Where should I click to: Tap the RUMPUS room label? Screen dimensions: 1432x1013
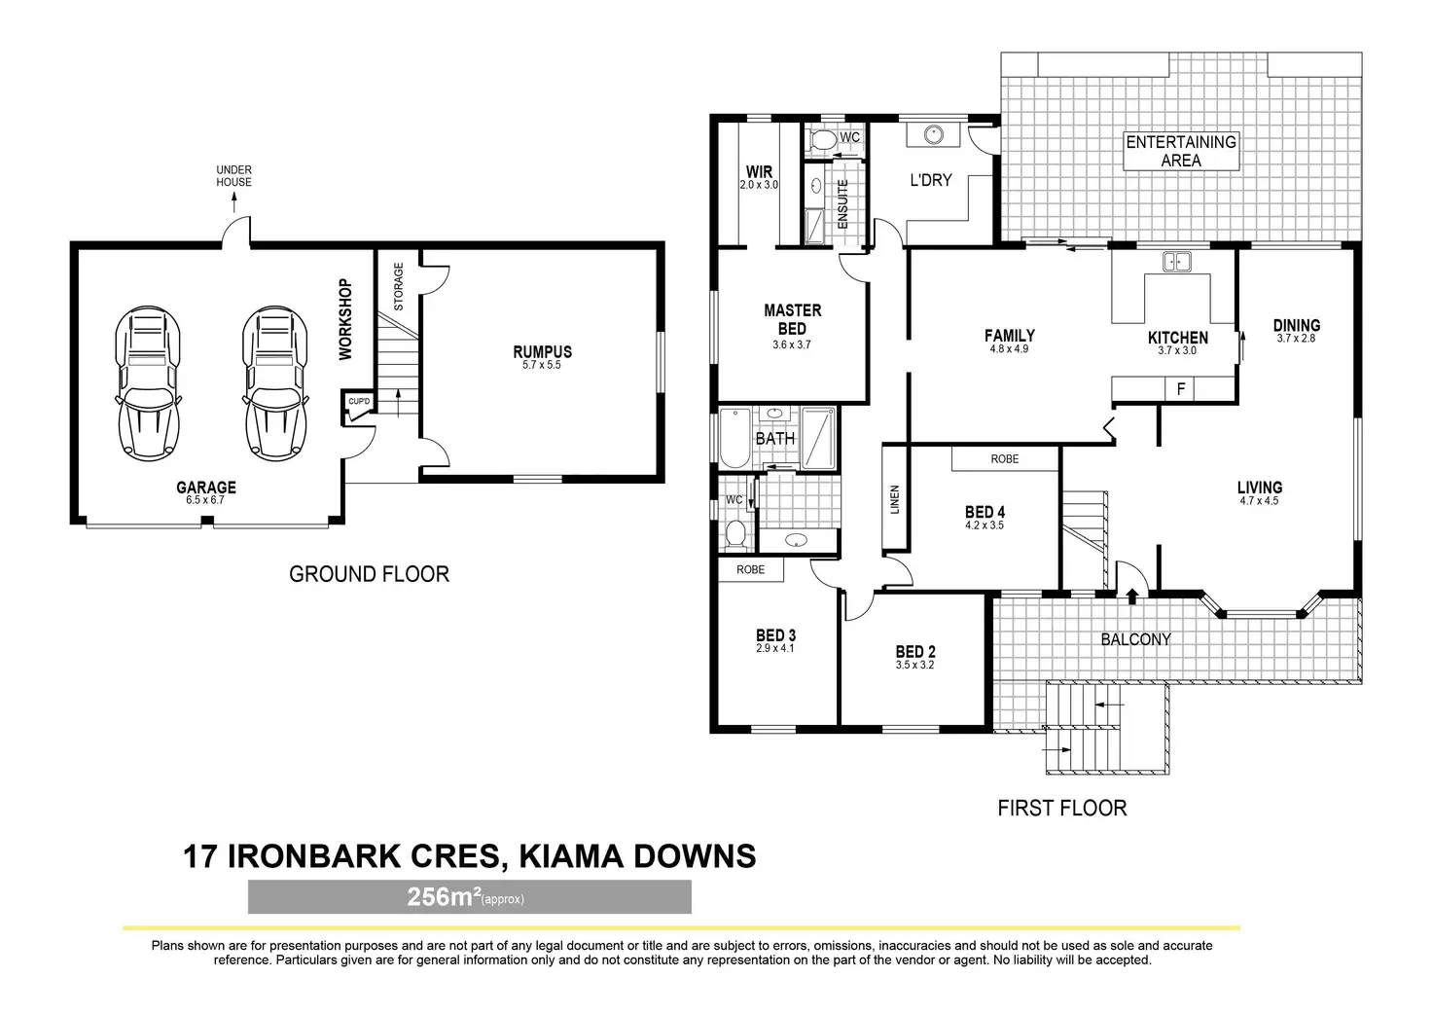542,352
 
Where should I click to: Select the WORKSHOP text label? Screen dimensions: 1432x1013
345,319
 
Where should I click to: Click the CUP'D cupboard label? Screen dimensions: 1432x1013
358,401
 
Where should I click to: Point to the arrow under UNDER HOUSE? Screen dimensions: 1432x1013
234,202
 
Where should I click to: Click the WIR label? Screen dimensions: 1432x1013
759,172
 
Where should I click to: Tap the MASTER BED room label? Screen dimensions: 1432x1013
792,319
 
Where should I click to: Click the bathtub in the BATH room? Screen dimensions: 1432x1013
733,439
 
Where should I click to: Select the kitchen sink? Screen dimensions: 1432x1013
1177,261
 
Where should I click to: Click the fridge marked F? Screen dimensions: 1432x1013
1181,389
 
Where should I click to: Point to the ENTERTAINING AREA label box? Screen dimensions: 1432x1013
1181,151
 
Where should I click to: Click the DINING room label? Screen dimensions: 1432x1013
1296,326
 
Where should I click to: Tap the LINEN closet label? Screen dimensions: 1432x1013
895,499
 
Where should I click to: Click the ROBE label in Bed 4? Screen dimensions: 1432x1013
1004,458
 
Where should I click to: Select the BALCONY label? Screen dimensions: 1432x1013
1135,639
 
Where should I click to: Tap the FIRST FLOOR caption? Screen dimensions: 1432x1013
1061,808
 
